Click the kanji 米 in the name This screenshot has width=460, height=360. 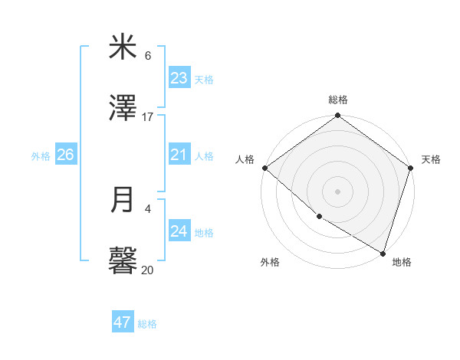click(x=123, y=48)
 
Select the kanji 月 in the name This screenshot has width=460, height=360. click(x=123, y=200)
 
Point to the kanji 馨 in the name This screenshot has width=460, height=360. click(x=123, y=261)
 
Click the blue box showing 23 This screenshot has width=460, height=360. click(x=179, y=78)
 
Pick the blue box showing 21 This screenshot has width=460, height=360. click(x=179, y=155)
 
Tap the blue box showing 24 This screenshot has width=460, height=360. click(x=179, y=231)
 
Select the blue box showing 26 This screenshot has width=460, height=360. click(x=65, y=155)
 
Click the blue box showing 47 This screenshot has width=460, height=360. click(x=123, y=322)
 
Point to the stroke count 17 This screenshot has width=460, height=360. click(x=148, y=116)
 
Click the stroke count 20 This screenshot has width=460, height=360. click(x=148, y=270)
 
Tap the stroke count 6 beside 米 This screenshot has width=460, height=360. click(x=148, y=56)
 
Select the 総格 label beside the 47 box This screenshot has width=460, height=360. click(x=147, y=324)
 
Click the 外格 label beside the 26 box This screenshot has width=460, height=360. click(x=41, y=156)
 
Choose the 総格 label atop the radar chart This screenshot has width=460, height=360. click(x=338, y=100)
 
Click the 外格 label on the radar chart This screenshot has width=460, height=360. click(x=270, y=262)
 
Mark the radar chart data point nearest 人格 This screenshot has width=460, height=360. click(x=264, y=168)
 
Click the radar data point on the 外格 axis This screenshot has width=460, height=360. click(x=319, y=217)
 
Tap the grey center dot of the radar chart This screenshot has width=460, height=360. click(x=338, y=191)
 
